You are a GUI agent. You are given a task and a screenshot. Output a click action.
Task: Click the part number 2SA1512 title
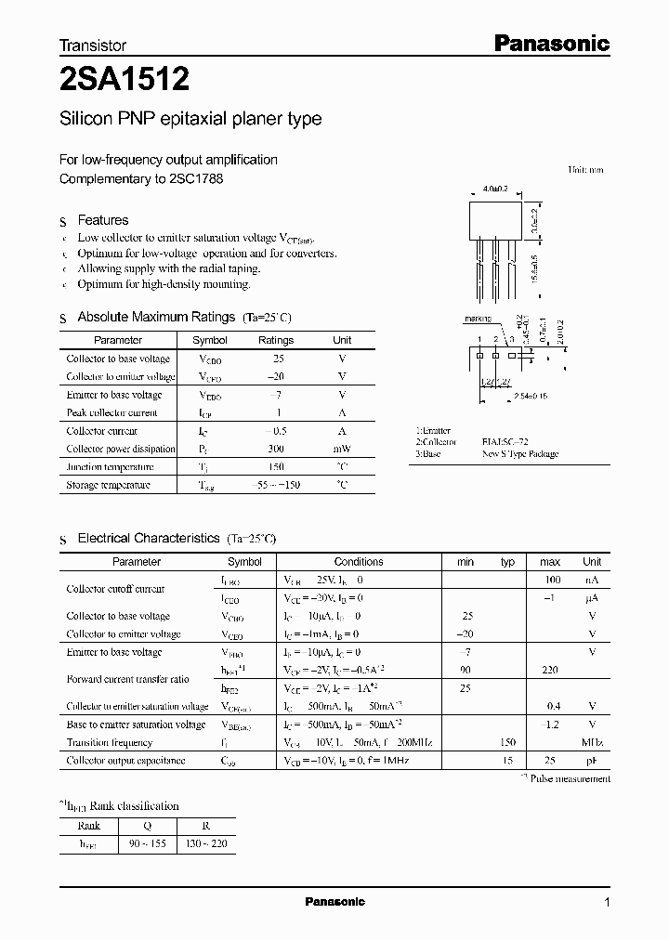tap(125, 80)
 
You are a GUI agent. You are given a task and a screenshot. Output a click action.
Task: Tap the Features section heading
tap(102, 220)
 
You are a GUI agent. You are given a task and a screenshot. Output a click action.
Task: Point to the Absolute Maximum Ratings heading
tap(155, 317)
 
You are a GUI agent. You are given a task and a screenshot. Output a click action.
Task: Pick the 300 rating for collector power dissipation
tap(275, 449)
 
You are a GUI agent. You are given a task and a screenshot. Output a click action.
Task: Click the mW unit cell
tap(342, 449)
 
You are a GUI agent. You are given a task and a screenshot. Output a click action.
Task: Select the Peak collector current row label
tap(111, 412)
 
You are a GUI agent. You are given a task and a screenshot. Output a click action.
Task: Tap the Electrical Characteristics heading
tap(148, 538)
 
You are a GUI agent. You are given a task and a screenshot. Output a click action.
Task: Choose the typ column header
tap(507, 562)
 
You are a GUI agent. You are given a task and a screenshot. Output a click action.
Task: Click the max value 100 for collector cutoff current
tap(550, 580)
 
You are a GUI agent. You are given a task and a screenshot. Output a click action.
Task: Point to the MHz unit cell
tap(591, 742)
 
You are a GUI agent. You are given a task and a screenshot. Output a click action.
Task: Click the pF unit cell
tap(591, 761)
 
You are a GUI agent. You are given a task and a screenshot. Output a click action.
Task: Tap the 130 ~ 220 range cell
tap(206, 843)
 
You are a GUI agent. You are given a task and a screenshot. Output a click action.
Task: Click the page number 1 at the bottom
tap(607, 902)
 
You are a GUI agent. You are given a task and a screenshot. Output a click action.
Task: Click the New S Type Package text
tap(519, 455)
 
